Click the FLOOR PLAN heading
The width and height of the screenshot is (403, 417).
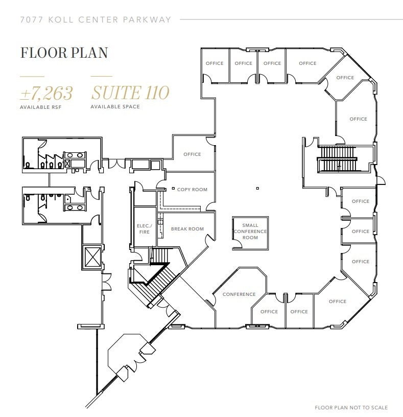[63, 53]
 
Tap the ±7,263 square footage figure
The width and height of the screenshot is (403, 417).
[46, 93]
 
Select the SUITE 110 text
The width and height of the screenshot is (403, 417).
[130, 93]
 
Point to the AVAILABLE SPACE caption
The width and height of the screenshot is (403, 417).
[115, 107]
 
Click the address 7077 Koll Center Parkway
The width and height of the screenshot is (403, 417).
[95, 20]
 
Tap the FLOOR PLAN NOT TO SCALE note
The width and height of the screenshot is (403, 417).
[351, 407]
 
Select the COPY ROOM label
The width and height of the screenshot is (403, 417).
[192, 190]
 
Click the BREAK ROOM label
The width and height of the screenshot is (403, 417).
[187, 229]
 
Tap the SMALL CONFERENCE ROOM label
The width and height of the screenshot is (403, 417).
[250, 231]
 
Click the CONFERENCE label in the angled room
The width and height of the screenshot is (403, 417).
[239, 294]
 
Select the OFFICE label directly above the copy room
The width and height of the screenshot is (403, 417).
[192, 154]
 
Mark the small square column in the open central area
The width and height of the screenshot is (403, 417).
[257, 188]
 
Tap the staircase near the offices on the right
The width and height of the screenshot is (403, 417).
[337, 159]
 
